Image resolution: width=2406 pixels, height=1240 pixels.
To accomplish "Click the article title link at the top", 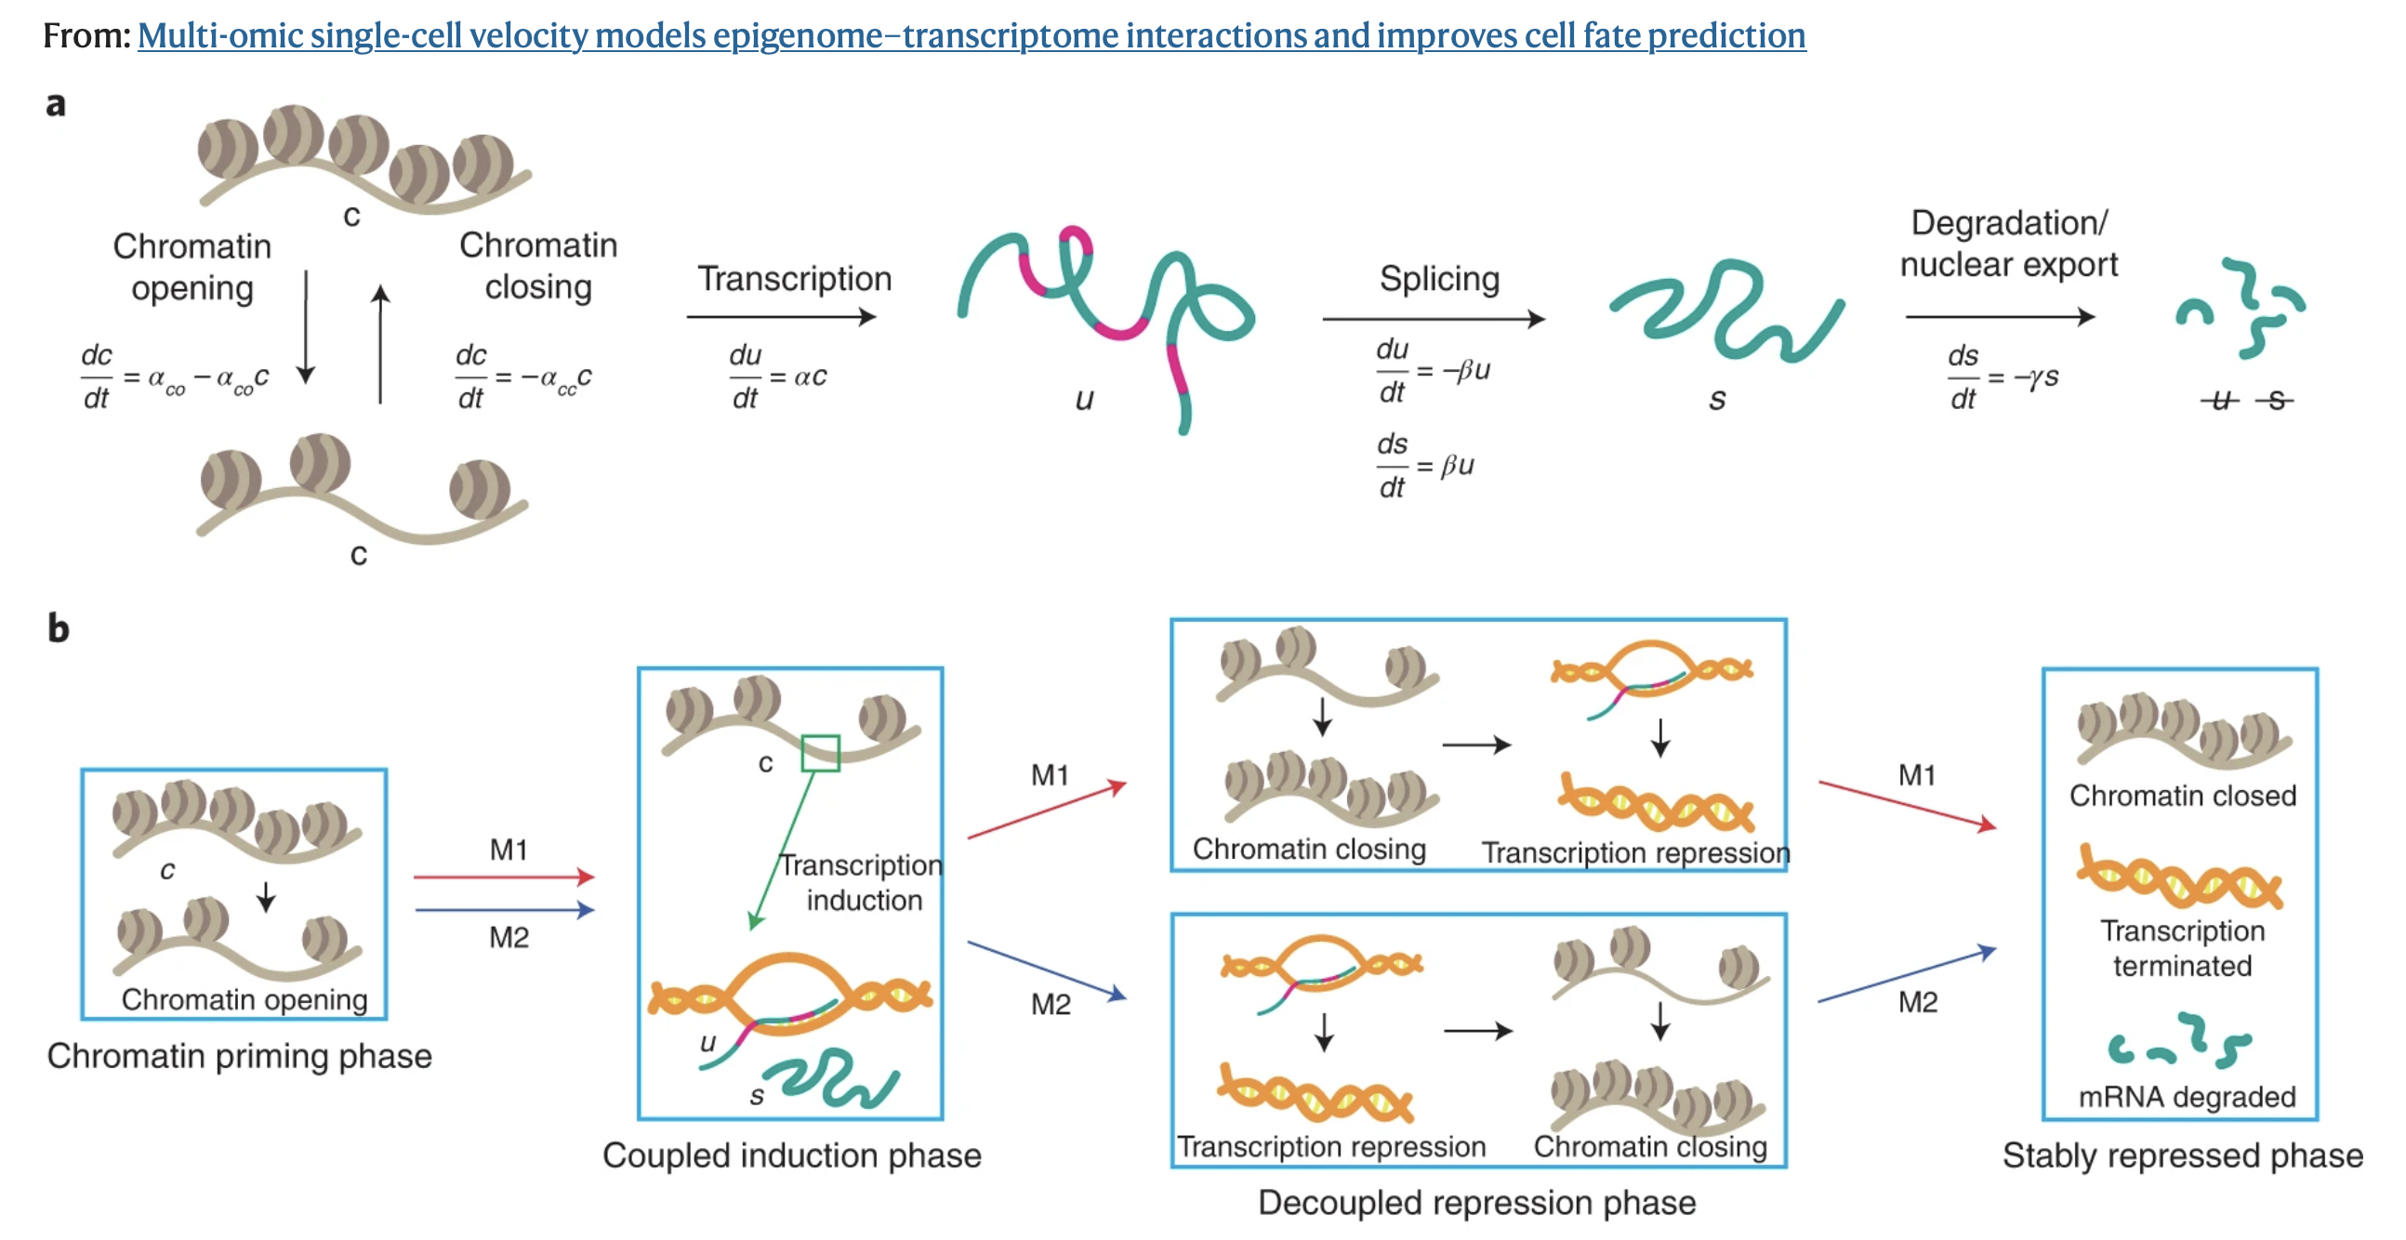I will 972,35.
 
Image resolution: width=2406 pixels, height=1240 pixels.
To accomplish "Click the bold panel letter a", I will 56,104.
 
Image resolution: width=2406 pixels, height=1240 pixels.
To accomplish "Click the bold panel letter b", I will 58,628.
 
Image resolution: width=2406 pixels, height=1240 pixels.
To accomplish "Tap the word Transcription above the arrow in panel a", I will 794,278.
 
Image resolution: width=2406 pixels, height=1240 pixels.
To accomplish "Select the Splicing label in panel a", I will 1439,278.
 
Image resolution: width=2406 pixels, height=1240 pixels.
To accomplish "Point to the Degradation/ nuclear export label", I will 2009,244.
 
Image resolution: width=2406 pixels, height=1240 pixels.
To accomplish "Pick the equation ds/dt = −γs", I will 2002,378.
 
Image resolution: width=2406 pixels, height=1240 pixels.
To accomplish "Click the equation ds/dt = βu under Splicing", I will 1425,465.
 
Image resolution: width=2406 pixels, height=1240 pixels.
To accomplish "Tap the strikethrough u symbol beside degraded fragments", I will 2220,401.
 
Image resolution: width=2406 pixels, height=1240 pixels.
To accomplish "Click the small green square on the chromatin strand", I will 820,753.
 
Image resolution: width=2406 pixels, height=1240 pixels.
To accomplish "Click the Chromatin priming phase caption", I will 239,1056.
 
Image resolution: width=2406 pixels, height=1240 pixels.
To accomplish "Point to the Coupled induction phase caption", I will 791,1156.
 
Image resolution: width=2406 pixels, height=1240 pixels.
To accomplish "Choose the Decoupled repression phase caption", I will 1476,1203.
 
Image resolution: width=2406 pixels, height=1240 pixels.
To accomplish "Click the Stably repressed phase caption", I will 2183,1156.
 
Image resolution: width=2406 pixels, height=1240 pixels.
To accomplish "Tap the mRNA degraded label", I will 2187,1096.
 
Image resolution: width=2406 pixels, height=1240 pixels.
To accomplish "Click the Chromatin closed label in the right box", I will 2182,796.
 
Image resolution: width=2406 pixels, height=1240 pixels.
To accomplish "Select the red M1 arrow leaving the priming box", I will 504,877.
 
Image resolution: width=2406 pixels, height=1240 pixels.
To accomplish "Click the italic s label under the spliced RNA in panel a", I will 1717,400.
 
